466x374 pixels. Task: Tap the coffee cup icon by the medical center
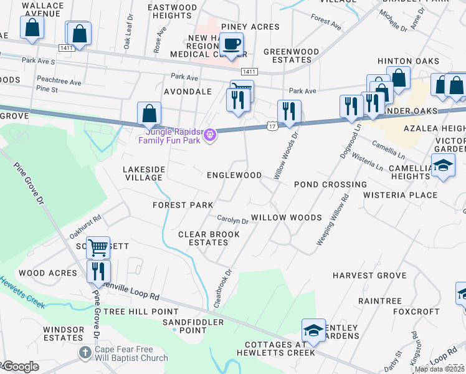coord(231,44)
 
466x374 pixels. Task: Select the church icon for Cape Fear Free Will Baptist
coord(85,353)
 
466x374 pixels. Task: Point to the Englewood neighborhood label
coord(234,175)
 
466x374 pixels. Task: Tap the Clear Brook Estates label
coord(209,238)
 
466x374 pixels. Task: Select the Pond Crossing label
coord(330,185)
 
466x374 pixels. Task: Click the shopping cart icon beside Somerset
coord(98,247)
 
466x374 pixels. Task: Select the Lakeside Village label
coord(144,173)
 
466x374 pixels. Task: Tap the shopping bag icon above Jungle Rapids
coord(149,113)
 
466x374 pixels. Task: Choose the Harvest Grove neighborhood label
coord(360,275)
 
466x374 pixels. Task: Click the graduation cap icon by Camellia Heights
coord(443,166)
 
